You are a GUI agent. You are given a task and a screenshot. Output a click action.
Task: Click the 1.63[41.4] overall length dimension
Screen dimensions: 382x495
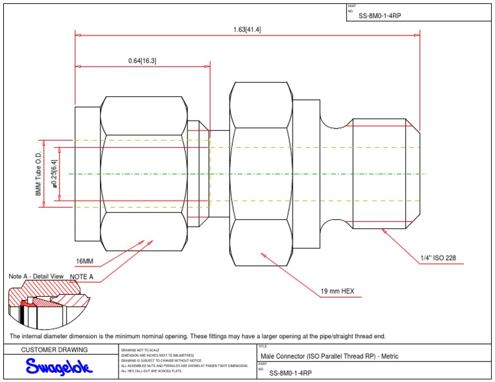tap(247, 29)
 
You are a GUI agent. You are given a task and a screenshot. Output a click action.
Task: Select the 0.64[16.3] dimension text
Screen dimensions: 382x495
tap(142, 61)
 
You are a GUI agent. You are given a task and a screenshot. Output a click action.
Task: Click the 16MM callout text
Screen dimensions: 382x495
tap(84, 261)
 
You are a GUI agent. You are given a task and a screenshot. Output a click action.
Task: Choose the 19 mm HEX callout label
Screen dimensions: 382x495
tap(337, 291)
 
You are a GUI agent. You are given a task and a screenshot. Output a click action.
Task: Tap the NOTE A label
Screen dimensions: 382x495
tap(81, 277)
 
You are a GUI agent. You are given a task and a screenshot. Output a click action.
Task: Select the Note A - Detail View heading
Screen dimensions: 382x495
tap(35, 276)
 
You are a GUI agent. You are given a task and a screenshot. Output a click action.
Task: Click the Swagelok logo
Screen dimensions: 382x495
tap(59, 367)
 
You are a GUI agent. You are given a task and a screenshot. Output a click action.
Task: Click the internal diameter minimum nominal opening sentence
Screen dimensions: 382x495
tap(197, 336)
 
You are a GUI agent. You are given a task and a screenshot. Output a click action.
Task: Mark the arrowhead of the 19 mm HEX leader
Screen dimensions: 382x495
tap(261, 254)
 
